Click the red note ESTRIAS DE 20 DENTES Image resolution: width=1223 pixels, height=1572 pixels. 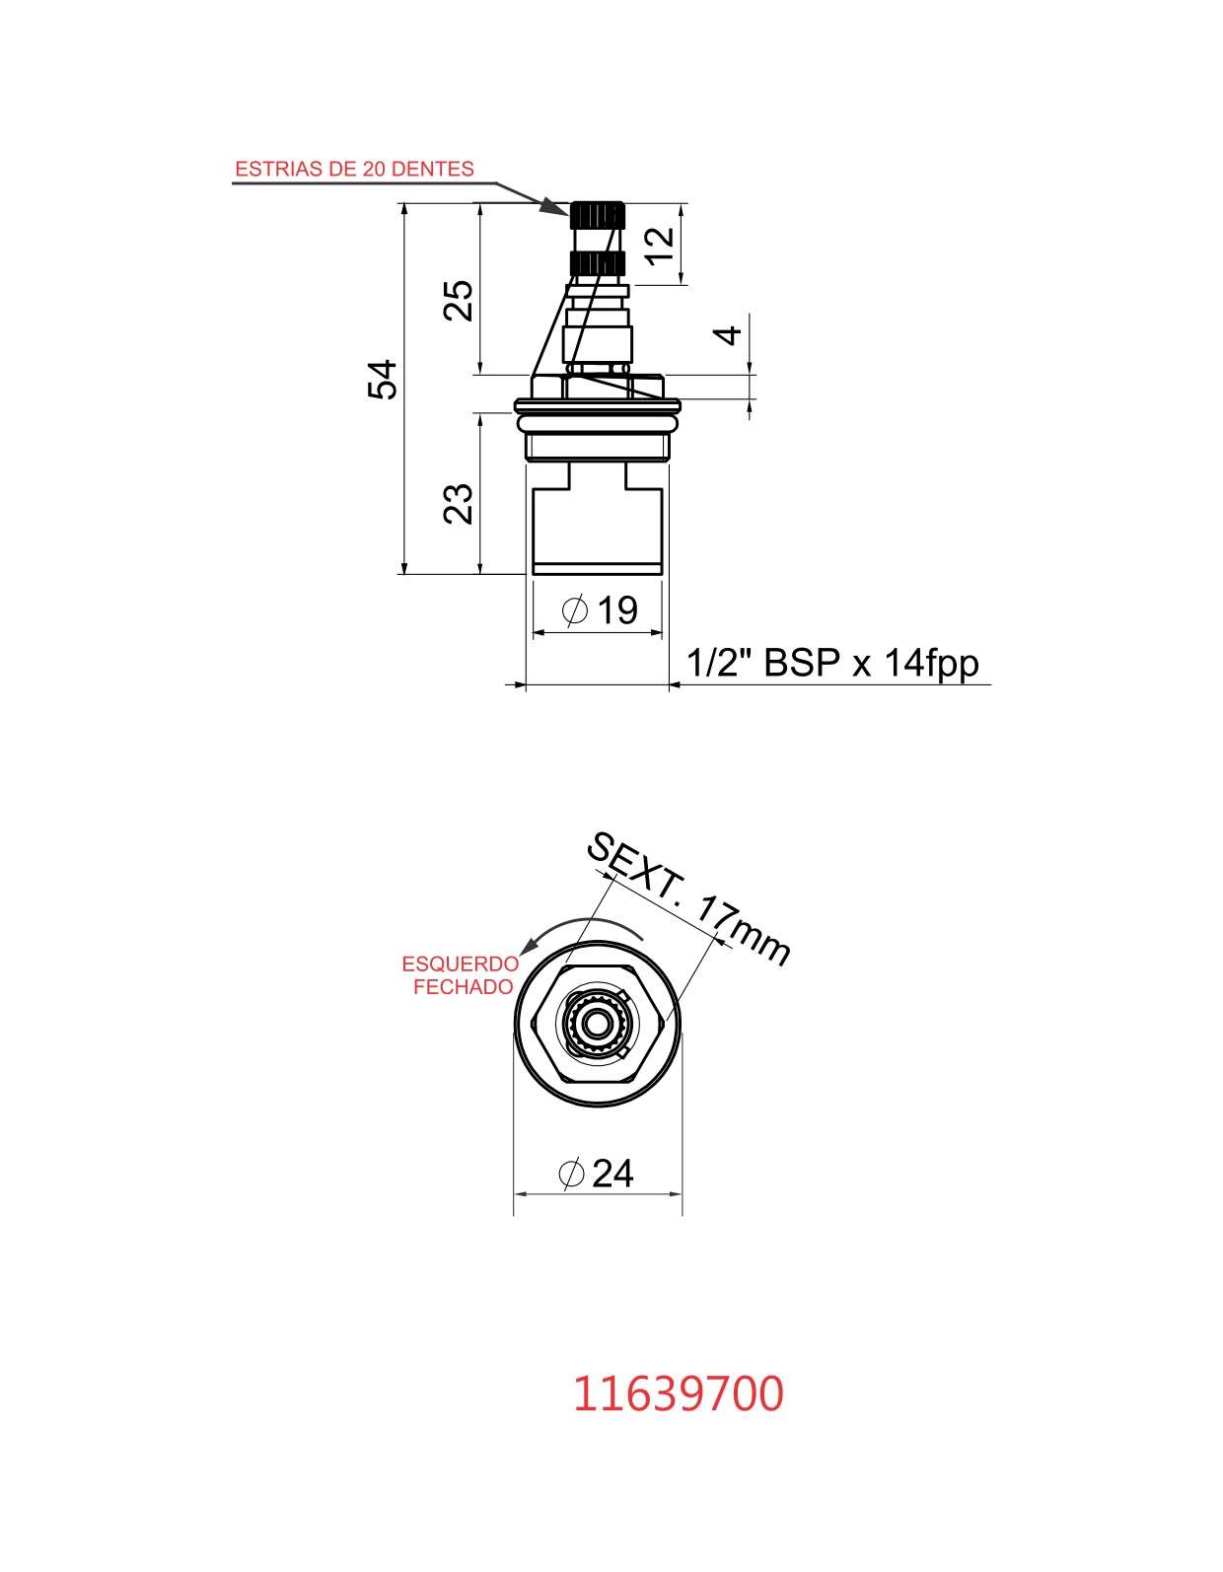354,169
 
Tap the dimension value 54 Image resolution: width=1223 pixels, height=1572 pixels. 382,379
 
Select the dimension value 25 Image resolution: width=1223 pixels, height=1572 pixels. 458,300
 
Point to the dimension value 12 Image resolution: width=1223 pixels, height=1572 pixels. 659,246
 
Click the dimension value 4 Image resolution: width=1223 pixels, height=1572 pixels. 728,335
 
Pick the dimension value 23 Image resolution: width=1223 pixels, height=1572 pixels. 458,503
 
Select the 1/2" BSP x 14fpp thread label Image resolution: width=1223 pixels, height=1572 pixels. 831,662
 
